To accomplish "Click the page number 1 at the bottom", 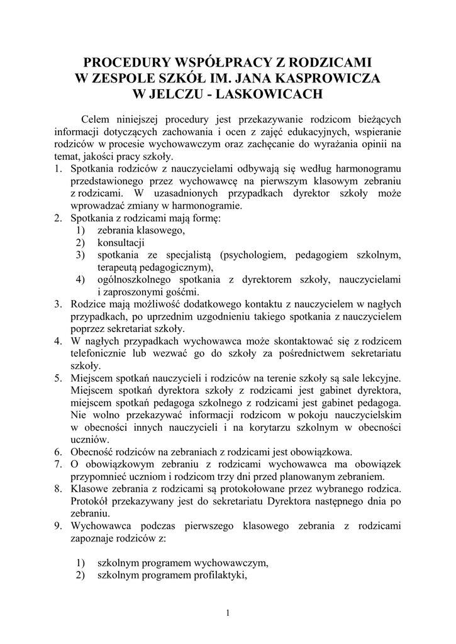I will pyautogui.click(x=228, y=613).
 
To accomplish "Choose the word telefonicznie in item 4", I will pyautogui.click(x=101, y=353).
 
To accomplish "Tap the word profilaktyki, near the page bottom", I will pyautogui.click(x=218, y=575).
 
